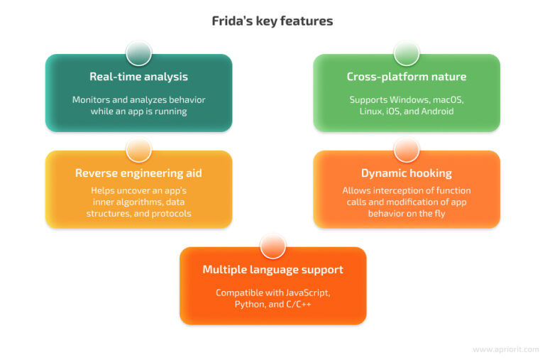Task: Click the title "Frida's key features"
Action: [272, 21]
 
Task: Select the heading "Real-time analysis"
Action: [138, 77]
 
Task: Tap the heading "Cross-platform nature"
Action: [406, 77]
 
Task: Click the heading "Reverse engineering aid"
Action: [138, 173]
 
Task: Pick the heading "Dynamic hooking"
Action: [406, 173]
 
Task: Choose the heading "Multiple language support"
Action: [272, 270]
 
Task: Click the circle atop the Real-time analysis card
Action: [138, 53]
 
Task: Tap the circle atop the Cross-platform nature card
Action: [406, 53]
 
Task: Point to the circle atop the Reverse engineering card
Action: [138, 150]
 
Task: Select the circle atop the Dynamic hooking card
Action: [406, 150]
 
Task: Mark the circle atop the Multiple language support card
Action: [272, 246]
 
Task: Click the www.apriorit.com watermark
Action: [505, 349]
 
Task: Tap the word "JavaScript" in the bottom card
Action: [306, 293]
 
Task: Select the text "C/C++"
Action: [298, 304]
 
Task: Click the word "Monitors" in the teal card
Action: [92, 99]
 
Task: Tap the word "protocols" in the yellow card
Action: [171, 213]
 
